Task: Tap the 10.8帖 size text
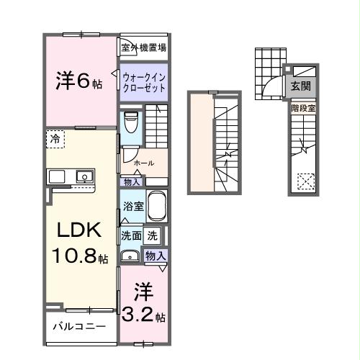click(x=79, y=256)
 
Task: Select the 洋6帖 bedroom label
click(x=79, y=81)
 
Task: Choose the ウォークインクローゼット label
click(x=144, y=80)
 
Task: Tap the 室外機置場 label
click(x=144, y=48)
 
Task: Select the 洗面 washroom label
click(x=130, y=235)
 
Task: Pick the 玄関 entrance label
click(x=301, y=86)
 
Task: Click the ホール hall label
click(x=144, y=163)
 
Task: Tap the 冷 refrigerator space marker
click(x=55, y=138)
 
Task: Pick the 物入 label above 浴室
click(x=131, y=182)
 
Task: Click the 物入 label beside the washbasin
click(x=156, y=255)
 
